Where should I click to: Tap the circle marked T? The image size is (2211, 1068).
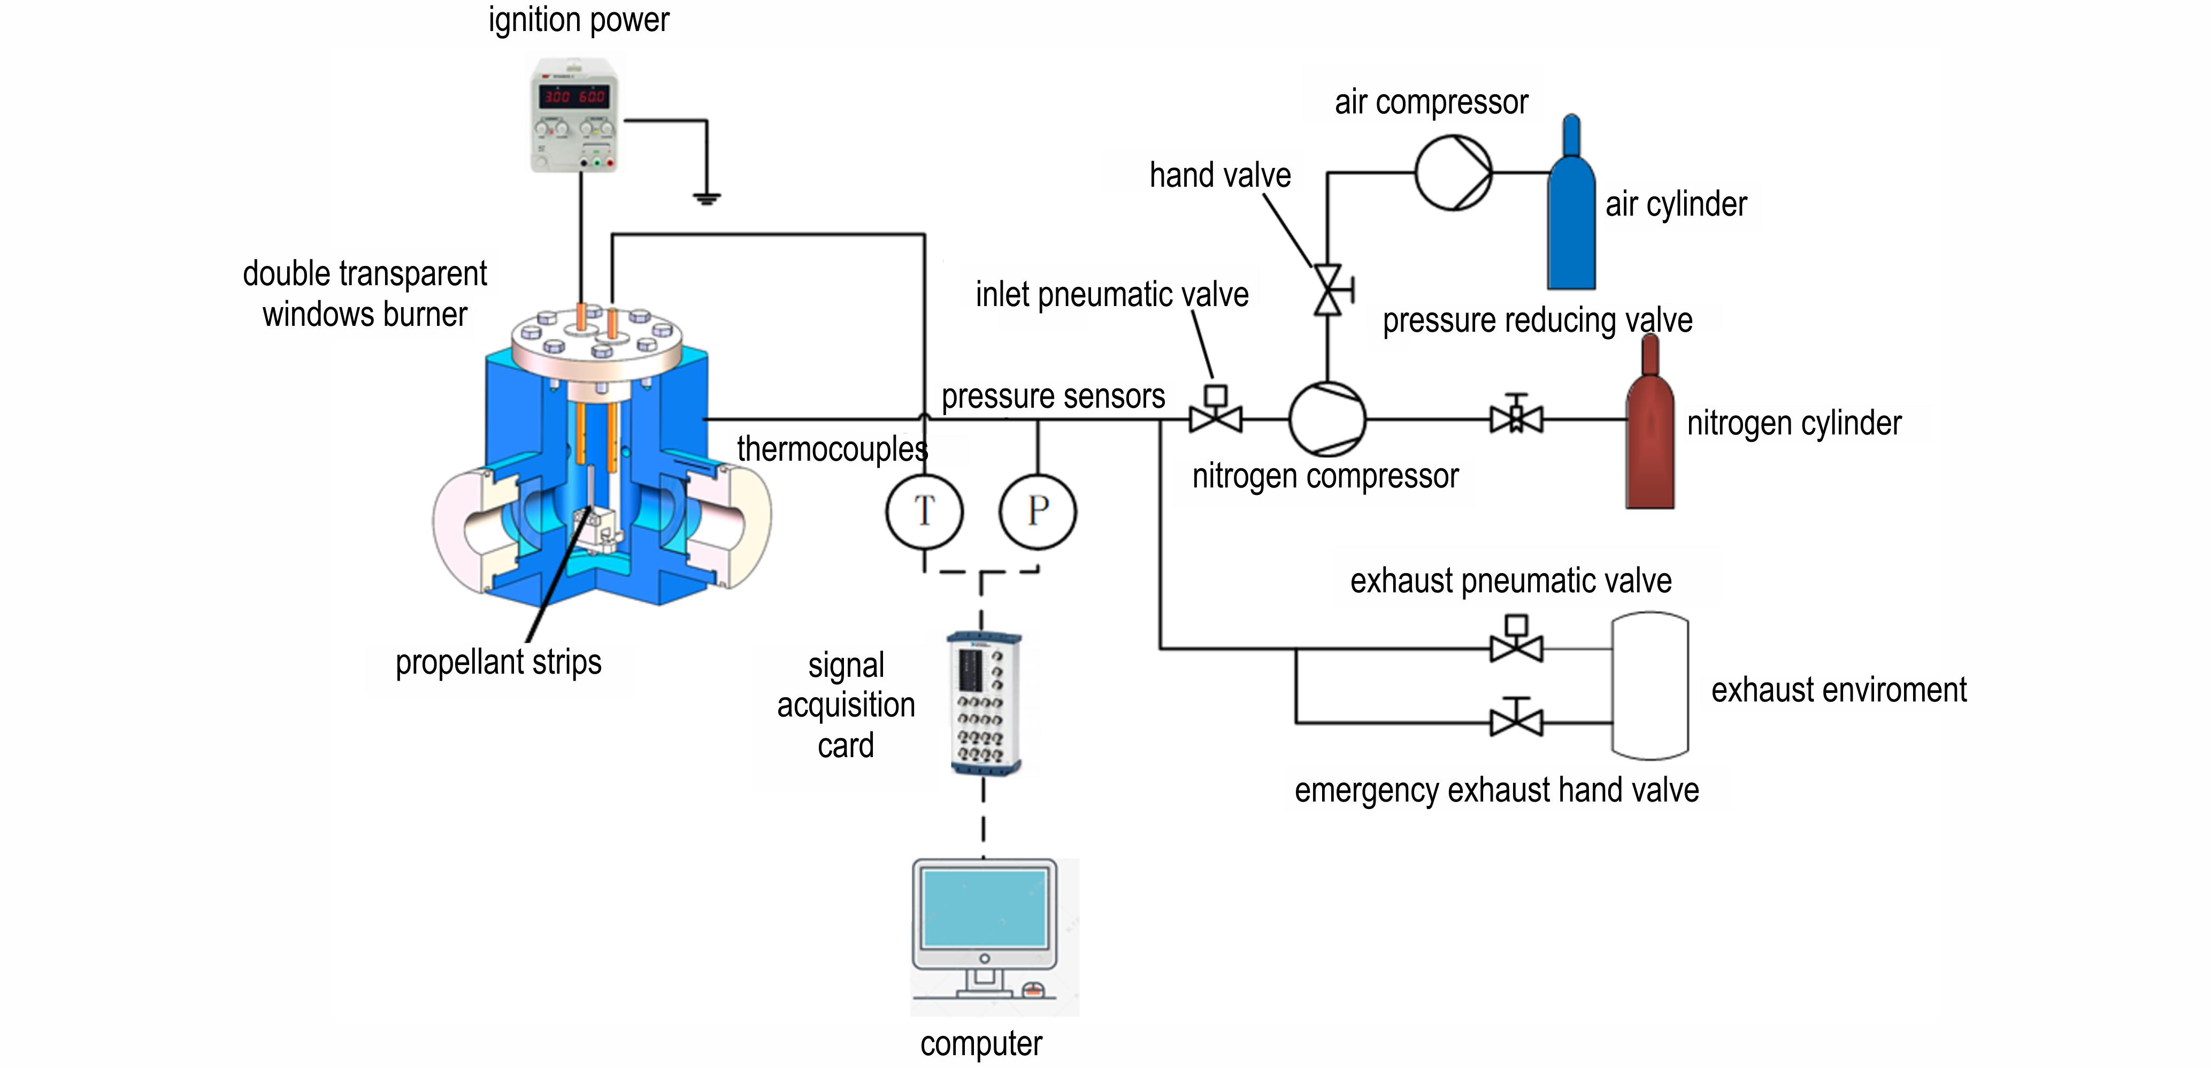point(924,512)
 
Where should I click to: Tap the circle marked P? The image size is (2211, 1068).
point(1038,512)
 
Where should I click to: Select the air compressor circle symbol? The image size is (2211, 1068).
point(1453,173)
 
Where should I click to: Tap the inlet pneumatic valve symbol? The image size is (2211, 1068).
point(1215,410)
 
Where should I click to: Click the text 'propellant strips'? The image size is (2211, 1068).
point(498,662)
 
